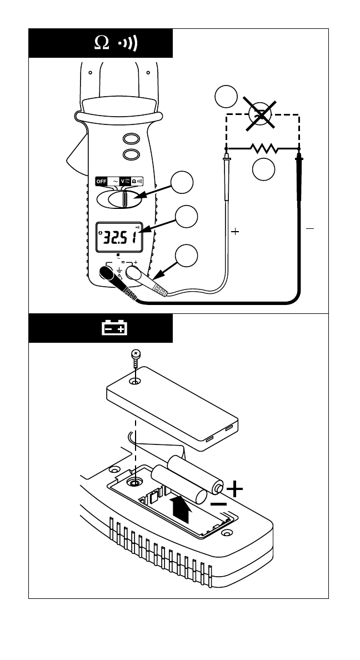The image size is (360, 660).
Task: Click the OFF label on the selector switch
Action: click(101, 181)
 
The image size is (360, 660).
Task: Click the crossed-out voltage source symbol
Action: click(261, 114)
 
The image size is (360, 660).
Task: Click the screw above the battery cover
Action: click(135, 354)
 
